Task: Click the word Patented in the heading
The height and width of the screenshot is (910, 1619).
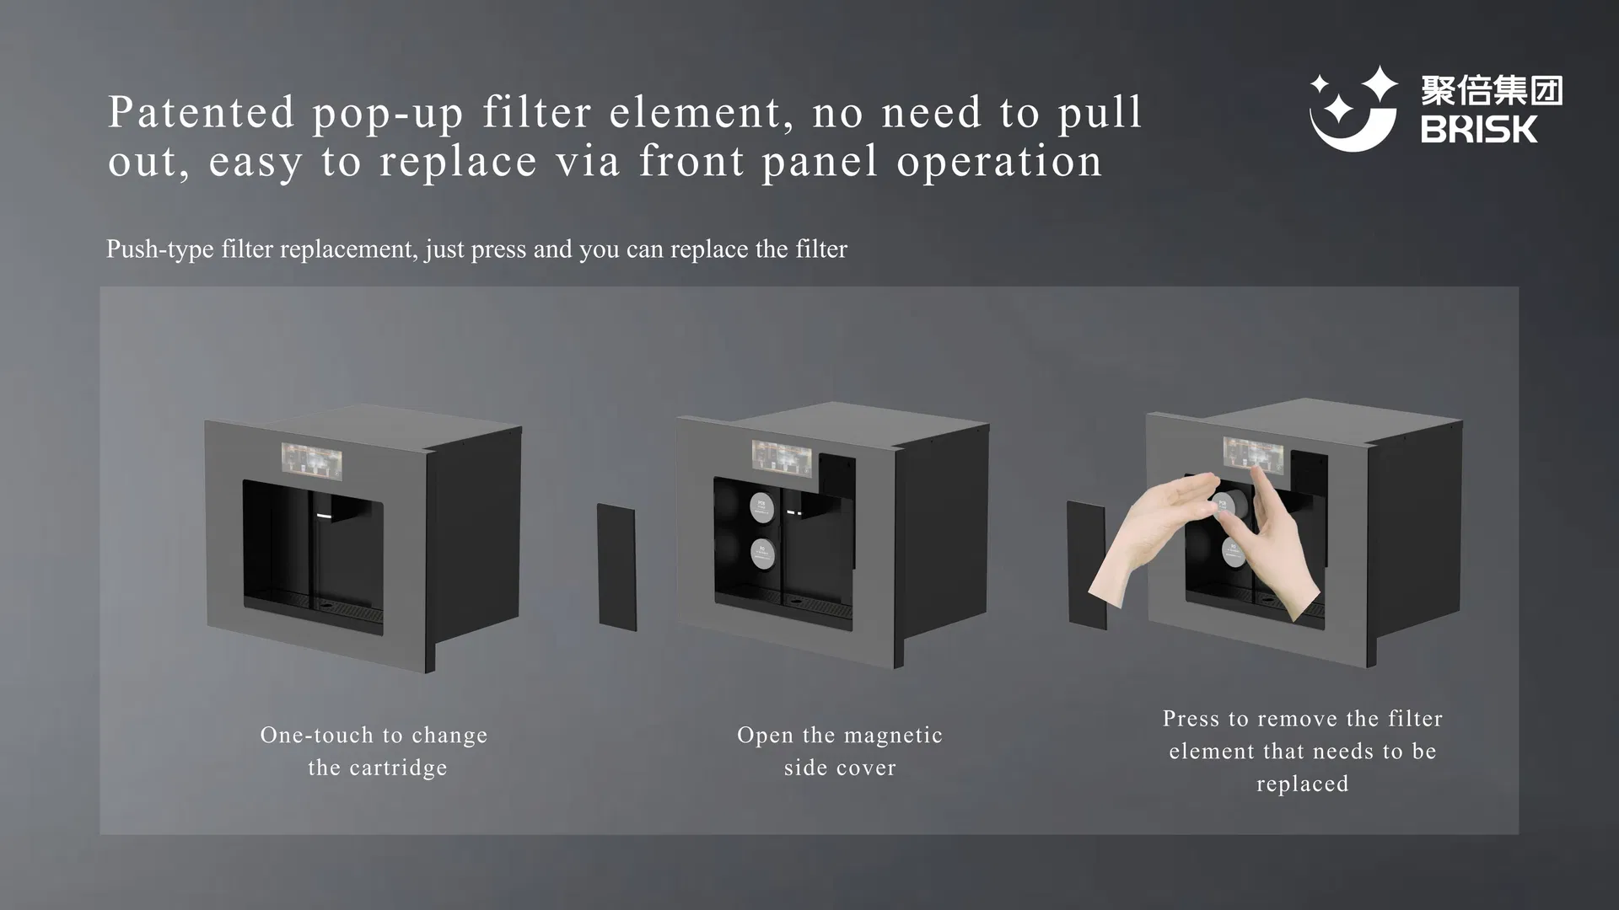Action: coord(202,112)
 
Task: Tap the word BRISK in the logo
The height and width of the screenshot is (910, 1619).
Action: coord(1479,130)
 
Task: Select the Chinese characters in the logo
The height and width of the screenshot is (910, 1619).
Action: coord(1492,90)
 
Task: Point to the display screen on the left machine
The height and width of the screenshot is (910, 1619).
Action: coord(311,461)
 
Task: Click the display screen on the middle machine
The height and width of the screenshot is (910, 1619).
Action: coord(782,458)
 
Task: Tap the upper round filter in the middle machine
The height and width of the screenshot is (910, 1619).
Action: coord(763,506)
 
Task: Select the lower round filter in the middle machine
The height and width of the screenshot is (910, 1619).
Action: coord(763,553)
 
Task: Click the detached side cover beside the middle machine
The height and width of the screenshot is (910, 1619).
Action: coord(617,567)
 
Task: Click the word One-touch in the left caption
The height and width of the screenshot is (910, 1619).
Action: coord(316,735)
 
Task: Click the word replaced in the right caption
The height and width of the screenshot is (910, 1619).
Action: coord(1302,784)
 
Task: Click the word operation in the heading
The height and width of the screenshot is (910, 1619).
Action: coord(999,162)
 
